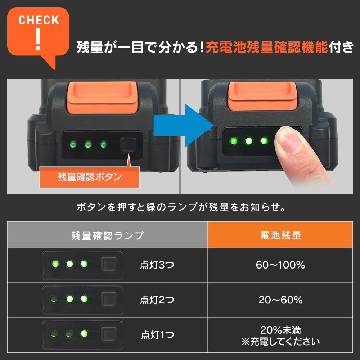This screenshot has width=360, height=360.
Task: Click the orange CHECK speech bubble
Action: [38, 32]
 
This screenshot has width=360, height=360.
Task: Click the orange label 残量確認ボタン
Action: [90, 177]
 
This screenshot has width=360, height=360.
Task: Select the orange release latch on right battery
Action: [262, 96]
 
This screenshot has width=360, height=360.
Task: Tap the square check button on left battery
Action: [128, 145]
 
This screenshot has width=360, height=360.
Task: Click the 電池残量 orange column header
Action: [280, 235]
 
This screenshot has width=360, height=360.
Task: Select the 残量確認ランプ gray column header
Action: [107, 235]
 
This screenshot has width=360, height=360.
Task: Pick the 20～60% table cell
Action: [280, 300]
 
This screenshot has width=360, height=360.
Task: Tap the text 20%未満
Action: [280, 330]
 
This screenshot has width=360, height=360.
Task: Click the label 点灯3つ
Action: [157, 265]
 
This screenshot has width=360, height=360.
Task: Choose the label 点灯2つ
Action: [157, 300]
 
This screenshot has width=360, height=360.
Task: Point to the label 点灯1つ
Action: [158, 335]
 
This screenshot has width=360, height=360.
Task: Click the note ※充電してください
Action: [280, 341]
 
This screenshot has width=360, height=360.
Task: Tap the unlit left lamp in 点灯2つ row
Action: [54, 299]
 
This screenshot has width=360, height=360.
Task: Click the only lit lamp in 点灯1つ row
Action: [84, 334]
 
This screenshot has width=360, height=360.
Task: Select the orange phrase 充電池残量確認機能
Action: [267, 48]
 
